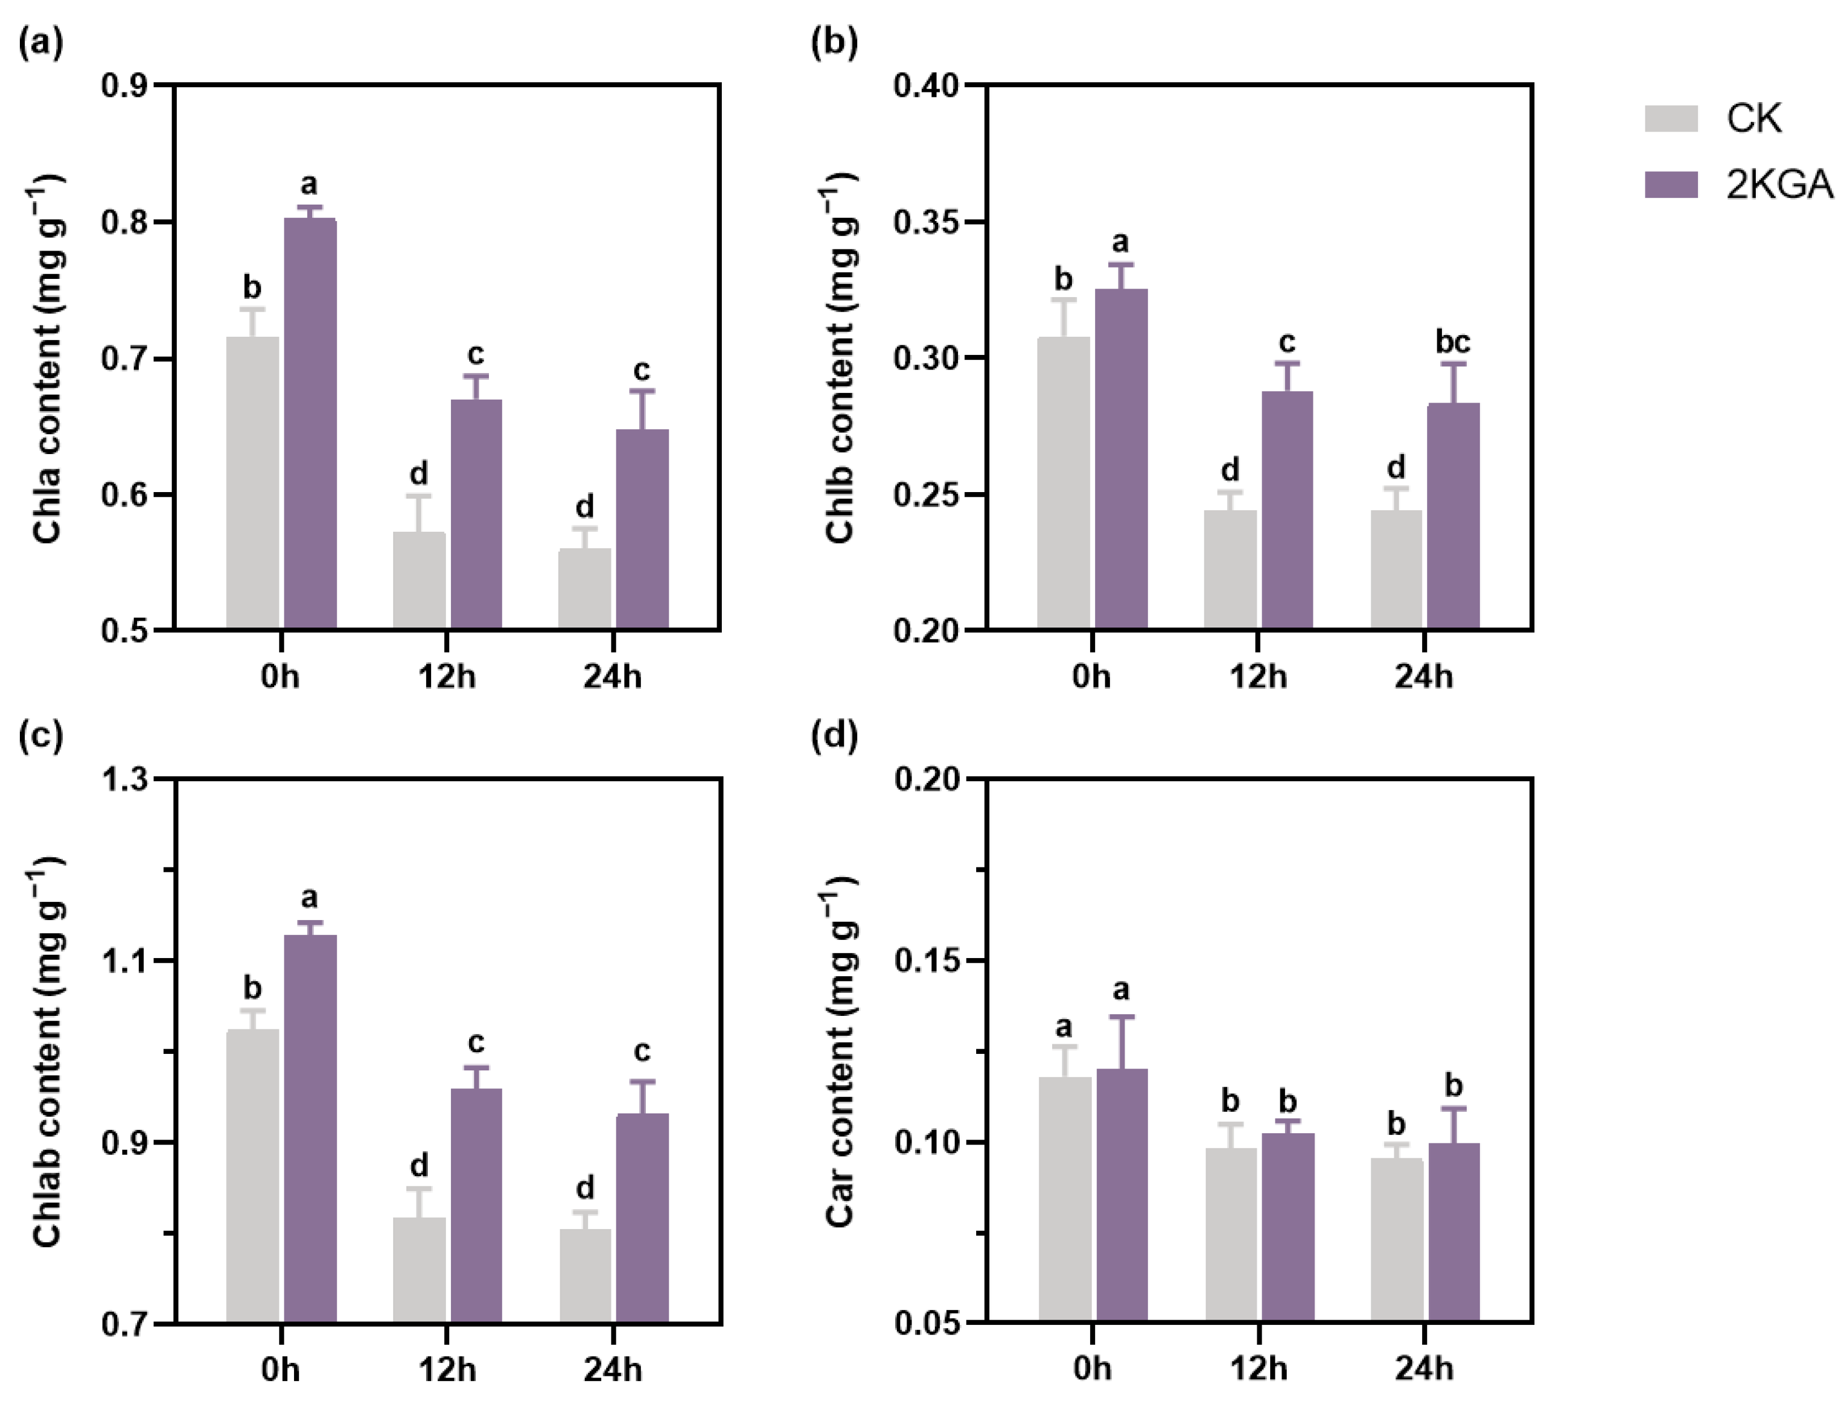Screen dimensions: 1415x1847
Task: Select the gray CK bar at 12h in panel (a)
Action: [x=419, y=581]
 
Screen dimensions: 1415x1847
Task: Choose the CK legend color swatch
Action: [x=1671, y=118]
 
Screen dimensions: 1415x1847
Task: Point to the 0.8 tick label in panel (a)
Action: [x=125, y=222]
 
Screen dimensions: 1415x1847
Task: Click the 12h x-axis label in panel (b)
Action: [x=1258, y=676]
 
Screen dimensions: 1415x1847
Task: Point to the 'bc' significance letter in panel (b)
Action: [x=1452, y=342]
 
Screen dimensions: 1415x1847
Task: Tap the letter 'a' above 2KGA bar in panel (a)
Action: [x=309, y=184]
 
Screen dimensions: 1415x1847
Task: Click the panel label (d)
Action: [x=833, y=737]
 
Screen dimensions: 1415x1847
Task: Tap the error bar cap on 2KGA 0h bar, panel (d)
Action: [x=1121, y=1016]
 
